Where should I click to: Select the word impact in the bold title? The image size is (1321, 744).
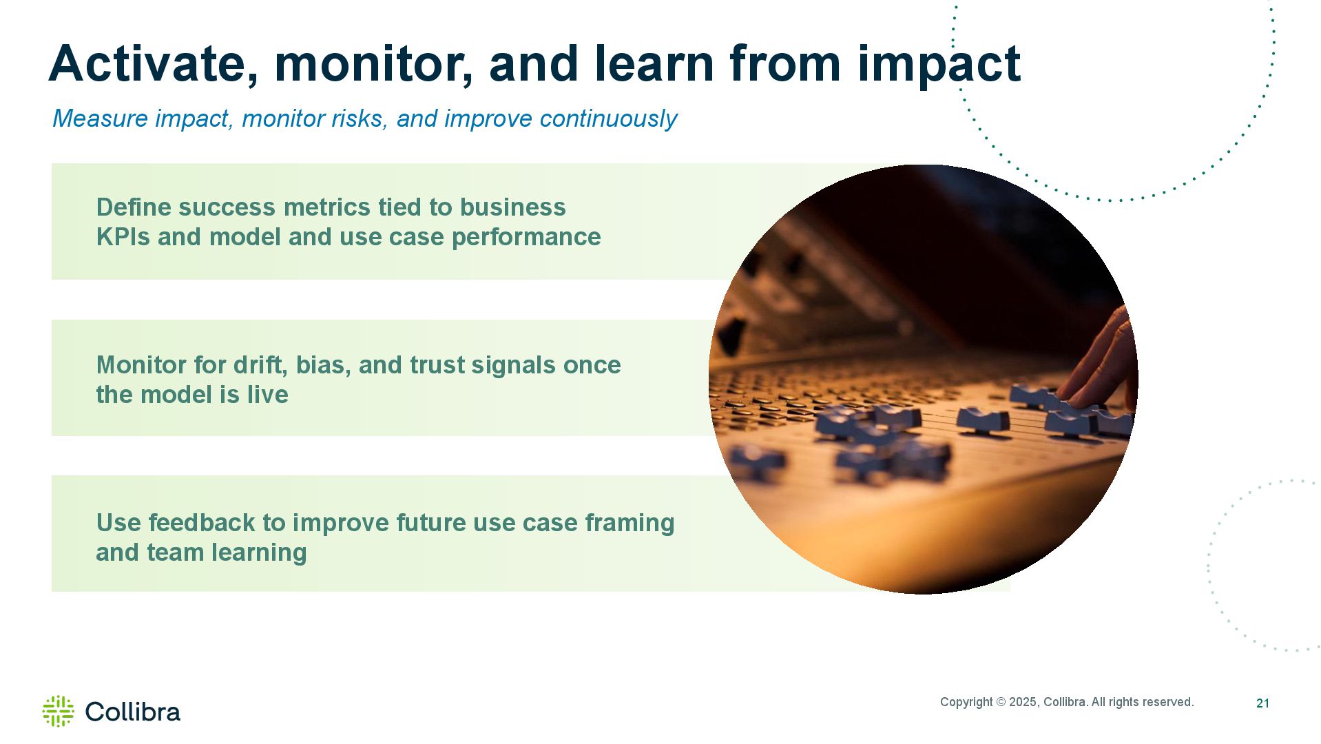pyautogui.click(x=939, y=65)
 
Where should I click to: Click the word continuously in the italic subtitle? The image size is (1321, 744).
pyautogui.click(x=608, y=118)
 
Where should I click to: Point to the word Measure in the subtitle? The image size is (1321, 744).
pyautogui.click(x=100, y=118)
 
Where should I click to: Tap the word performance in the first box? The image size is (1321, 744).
pyautogui.click(x=526, y=238)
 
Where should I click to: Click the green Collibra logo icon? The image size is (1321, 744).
pyautogui.click(x=58, y=711)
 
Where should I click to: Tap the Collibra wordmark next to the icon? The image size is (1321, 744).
pyautogui.click(x=133, y=712)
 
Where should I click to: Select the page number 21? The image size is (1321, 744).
pyautogui.click(x=1262, y=703)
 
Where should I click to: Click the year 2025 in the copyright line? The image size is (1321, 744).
pyautogui.click(x=1023, y=702)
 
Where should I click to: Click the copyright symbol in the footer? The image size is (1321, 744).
pyautogui.click(x=1000, y=702)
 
